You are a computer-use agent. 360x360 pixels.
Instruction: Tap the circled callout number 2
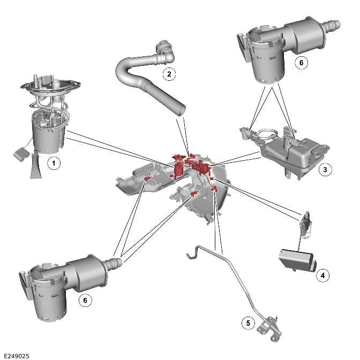169,73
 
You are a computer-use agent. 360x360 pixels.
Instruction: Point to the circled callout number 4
322,275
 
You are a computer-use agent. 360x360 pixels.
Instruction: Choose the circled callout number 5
247,322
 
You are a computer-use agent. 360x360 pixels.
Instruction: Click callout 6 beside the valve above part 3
301,63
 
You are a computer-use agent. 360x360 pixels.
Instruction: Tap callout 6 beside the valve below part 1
84,301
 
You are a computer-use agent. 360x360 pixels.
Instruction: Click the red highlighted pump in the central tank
176,166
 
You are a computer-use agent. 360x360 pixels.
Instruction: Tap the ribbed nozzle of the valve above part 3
331,25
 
